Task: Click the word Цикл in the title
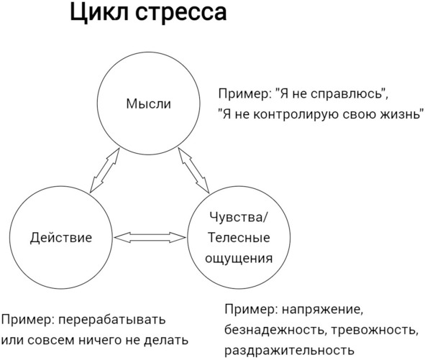[99, 12]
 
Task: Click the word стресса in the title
[180, 14]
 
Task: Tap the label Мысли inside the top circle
[149, 103]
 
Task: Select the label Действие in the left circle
[61, 238]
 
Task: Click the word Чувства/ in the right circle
[239, 217]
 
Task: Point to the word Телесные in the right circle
[239, 238]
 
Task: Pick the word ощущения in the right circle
[239, 258]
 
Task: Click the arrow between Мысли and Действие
[104, 170]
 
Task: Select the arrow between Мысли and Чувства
[193, 170]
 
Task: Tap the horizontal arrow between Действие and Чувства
[150, 237]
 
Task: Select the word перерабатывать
[112, 320]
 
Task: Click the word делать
[166, 341]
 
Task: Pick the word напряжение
[322, 310]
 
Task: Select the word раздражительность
[290, 351]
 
